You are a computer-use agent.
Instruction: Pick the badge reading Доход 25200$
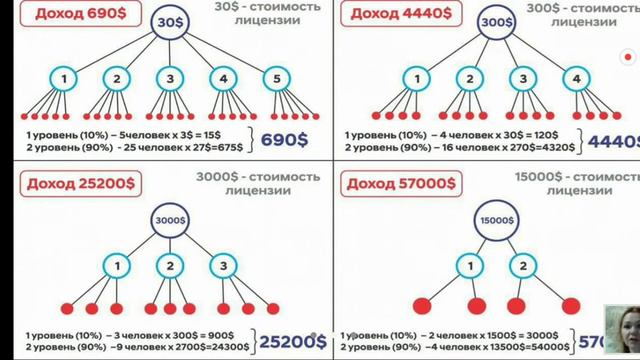(x=69, y=183)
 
